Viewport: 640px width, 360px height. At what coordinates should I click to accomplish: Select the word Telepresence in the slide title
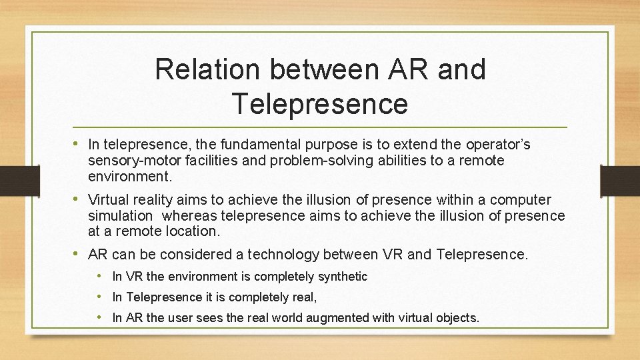(319, 103)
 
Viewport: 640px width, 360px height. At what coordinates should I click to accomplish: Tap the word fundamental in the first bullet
(271, 145)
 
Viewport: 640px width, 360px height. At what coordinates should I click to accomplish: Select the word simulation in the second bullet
(120, 215)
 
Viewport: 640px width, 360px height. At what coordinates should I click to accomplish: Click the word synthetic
(344, 276)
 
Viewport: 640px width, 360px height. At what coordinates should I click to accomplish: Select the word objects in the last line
(458, 318)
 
